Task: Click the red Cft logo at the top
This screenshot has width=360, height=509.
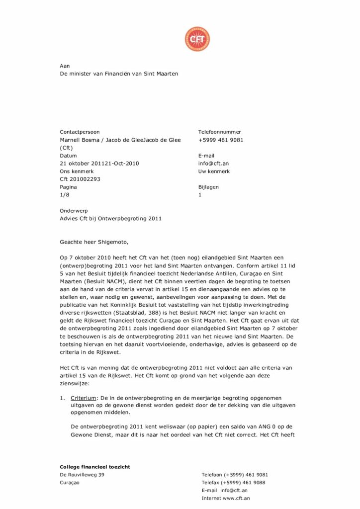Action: coord(197,39)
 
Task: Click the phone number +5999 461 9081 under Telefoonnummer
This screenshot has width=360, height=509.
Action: coord(220,140)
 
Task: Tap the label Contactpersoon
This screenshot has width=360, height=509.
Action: coord(80,132)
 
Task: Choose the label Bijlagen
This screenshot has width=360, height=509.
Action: coord(208,187)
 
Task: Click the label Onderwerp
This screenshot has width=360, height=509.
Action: coord(74,211)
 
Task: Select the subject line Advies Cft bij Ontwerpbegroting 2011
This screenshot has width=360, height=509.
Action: coord(110,219)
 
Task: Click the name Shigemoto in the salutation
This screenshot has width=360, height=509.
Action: coord(112,243)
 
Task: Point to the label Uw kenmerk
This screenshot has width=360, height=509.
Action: coord(214,171)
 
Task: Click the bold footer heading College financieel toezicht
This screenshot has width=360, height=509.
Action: coord(95,467)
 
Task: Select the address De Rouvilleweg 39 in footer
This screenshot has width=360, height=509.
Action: coord(82,475)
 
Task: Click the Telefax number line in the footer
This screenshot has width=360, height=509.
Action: coord(233,483)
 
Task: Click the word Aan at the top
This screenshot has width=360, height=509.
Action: coord(65,66)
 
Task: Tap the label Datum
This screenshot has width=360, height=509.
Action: coord(68,156)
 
